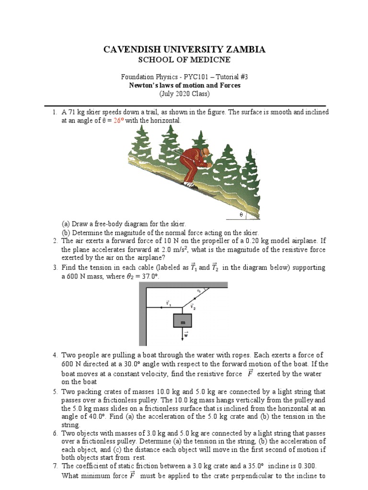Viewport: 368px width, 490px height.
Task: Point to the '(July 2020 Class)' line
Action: coord(184,94)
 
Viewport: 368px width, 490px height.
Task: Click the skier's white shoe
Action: coord(190,184)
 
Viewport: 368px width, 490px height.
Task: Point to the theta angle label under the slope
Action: coord(241,215)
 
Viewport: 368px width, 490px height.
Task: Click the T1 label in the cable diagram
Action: coord(168,302)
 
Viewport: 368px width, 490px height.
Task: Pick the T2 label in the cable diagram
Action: coord(193,306)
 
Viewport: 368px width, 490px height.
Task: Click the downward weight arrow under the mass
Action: coord(182,336)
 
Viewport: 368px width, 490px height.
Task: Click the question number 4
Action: coord(55,355)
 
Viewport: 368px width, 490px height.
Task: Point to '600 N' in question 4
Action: coord(70,364)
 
